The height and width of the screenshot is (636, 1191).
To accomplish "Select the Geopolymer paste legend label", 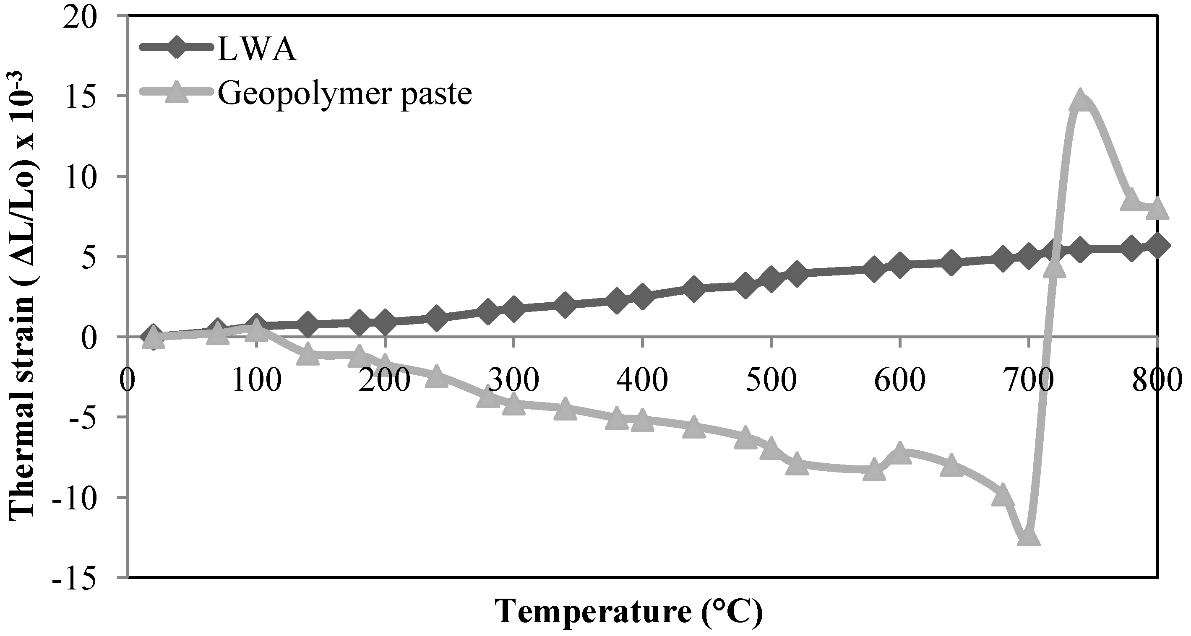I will pos(344,94).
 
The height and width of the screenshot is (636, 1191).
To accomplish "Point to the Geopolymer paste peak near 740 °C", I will pos(1079,100).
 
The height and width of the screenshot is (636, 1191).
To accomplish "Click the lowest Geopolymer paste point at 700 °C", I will pos(1028,536).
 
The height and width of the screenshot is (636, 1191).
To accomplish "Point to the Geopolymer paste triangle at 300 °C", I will pos(513,405).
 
